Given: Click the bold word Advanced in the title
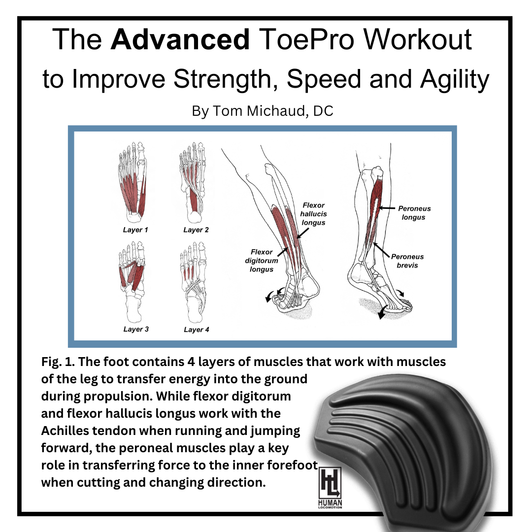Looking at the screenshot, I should (180, 40).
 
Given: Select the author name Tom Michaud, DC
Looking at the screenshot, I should (262, 111).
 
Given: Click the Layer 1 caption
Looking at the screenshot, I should (135, 230).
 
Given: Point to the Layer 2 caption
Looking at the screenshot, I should (196, 230).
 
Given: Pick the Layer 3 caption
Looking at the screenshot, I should (136, 329).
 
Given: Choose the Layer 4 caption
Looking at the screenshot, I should (196, 330).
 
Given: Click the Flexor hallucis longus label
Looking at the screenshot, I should (314, 214).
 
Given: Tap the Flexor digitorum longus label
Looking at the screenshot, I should (261, 261).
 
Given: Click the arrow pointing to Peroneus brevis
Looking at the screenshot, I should (380, 249).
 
